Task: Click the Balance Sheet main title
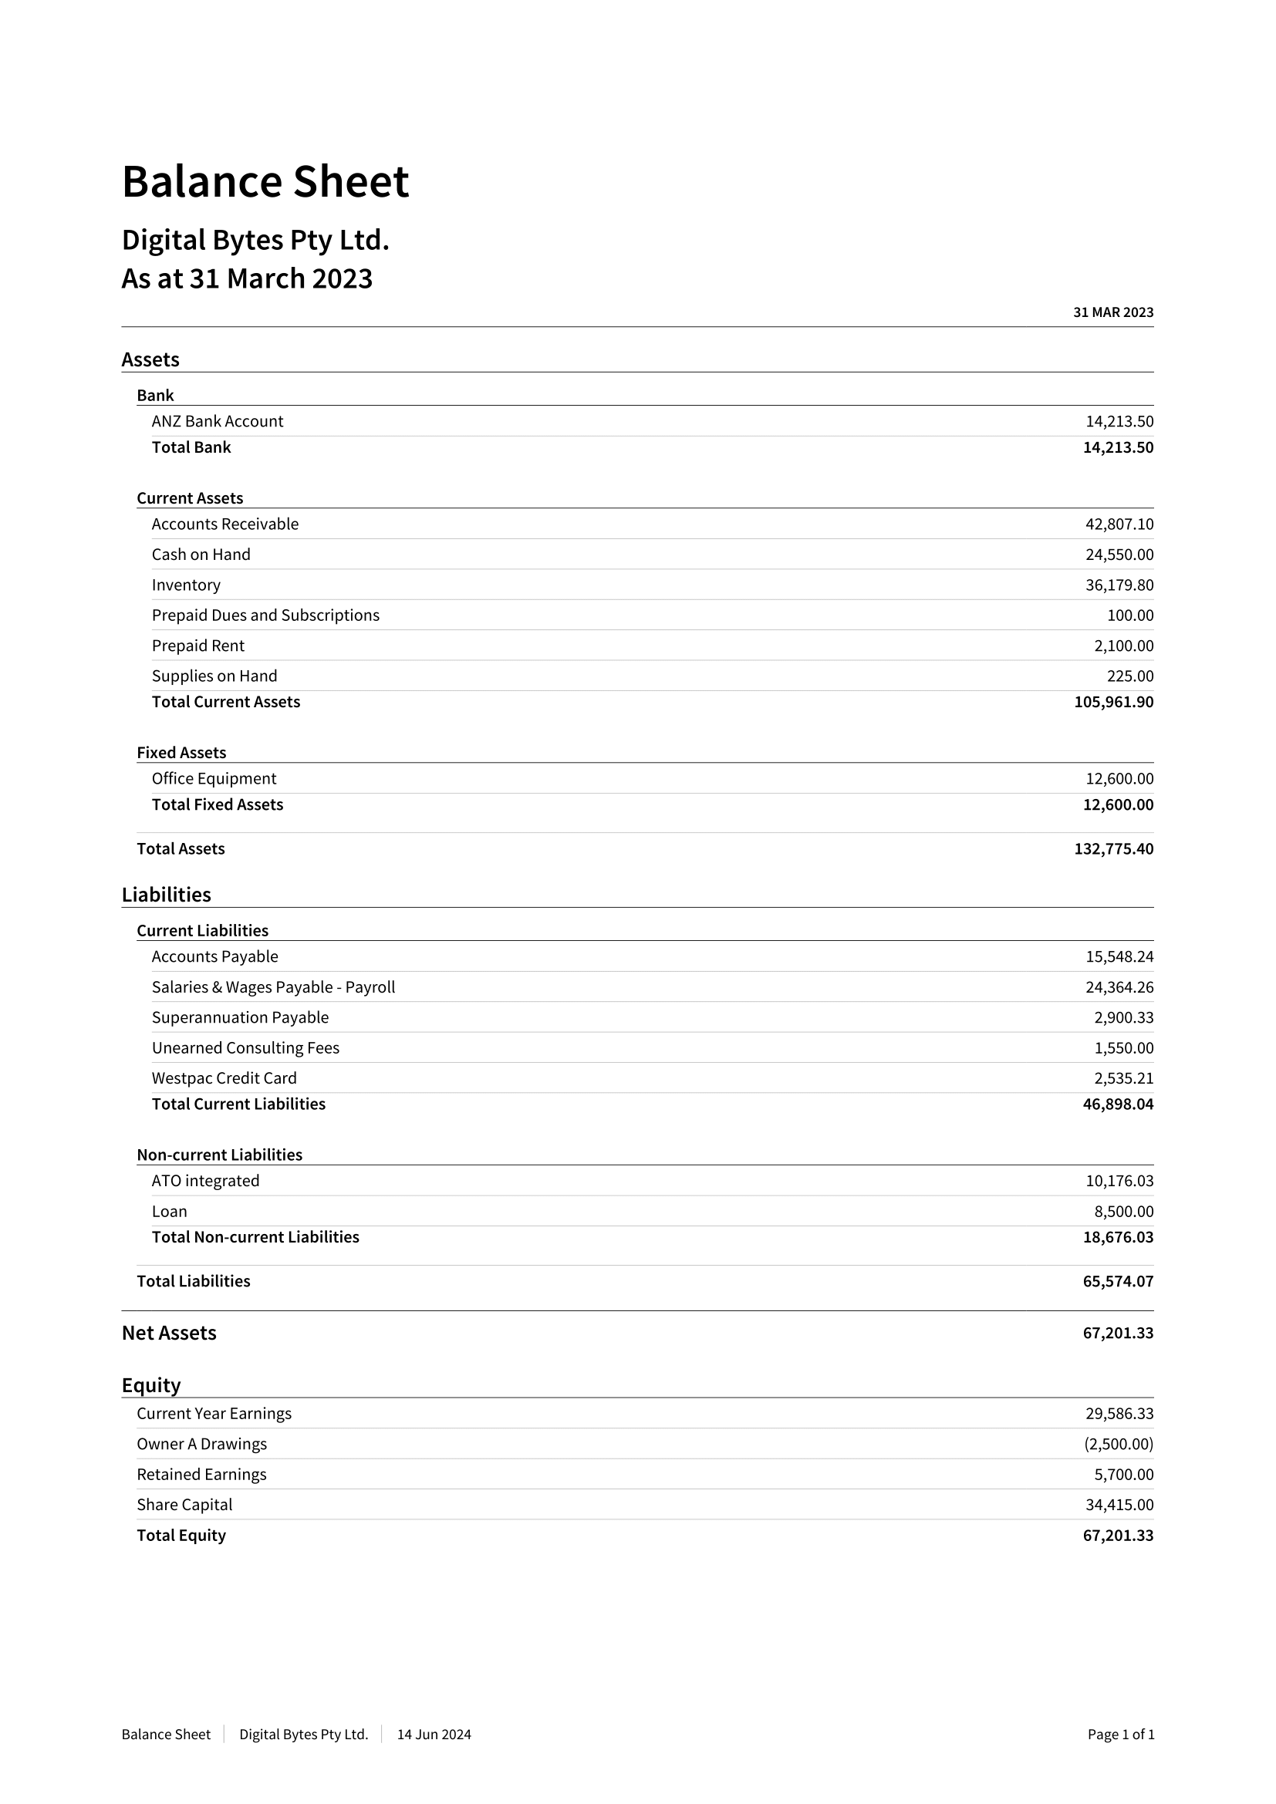(265, 181)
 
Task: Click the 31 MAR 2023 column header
(1112, 312)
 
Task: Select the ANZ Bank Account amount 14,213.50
(1119, 421)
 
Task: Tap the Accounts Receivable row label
(224, 524)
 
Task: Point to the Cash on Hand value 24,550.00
(1119, 555)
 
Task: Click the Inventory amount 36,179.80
(1119, 585)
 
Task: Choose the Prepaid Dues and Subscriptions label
(265, 615)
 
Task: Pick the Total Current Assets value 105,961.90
(1113, 702)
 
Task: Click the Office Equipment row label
(214, 779)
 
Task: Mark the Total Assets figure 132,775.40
(1113, 848)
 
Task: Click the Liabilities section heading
(166, 895)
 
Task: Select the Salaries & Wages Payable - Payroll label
(272, 987)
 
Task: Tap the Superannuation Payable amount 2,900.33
(1123, 1017)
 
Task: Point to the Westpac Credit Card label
(224, 1078)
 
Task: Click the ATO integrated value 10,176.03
(1119, 1181)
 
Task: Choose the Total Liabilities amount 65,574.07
(1117, 1282)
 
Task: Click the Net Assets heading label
(169, 1334)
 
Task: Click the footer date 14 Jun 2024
(434, 1735)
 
